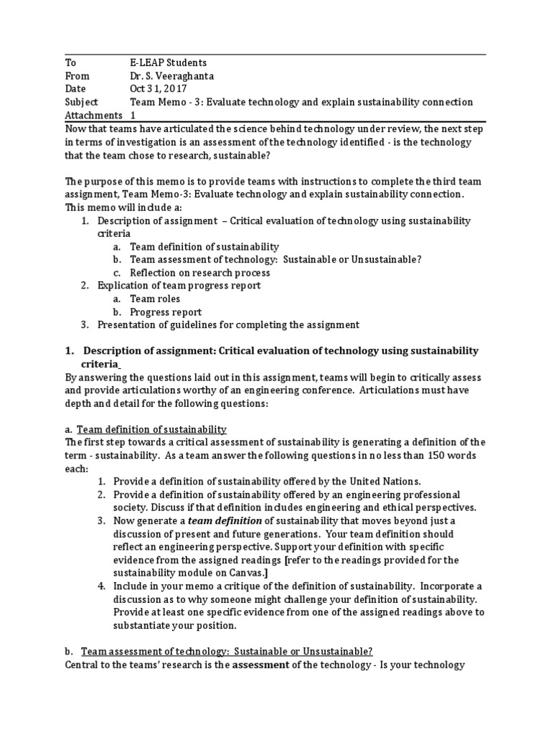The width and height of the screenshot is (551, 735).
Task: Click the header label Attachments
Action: pos(93,115)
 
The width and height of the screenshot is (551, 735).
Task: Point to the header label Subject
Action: pos(81,102)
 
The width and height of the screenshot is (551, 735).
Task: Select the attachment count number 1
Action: pos(133,115)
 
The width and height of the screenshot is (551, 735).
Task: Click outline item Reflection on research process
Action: pos(199,272)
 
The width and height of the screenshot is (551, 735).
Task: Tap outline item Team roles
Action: pos(155,299)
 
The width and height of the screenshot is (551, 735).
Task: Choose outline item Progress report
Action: pos(166,312)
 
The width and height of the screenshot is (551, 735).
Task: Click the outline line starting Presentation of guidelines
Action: pos(228,324)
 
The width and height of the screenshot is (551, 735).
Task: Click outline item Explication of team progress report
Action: pos(179,286)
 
